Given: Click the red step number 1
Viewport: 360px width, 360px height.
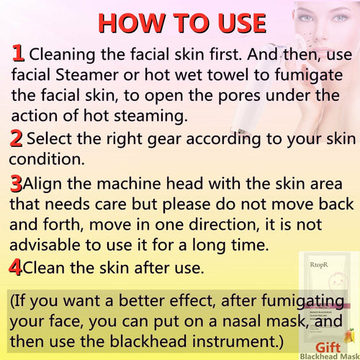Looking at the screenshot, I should click(x=19, y=53).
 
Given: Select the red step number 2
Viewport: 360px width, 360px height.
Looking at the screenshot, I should click(x=15, y=138).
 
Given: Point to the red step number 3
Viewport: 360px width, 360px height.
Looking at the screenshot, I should click(x=16, y=184).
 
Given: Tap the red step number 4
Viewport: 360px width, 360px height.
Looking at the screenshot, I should click(x=15, y=268).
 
